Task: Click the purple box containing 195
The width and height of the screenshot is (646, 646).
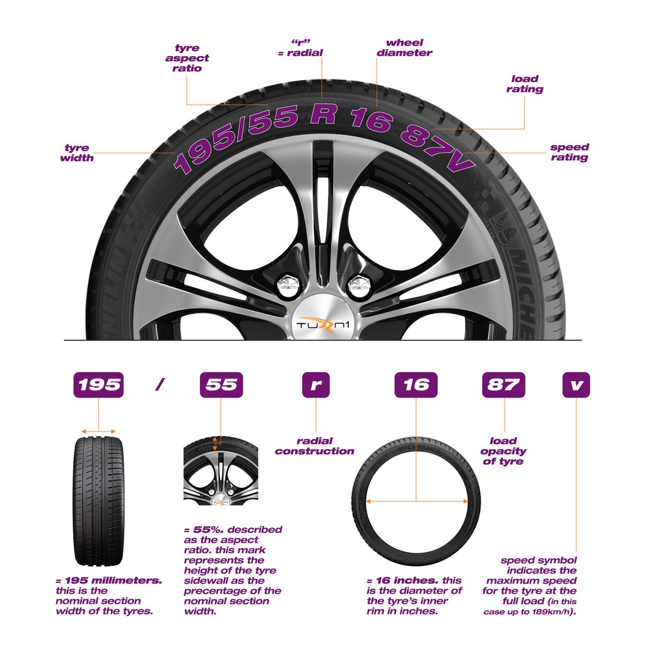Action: coord(98,385)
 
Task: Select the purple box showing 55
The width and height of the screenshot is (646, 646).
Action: coord(221,385)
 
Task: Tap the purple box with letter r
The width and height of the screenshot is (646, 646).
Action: coord(315,385)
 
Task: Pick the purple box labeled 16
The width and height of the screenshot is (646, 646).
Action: coord(416,385)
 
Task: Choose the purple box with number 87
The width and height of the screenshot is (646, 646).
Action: coord(503,385)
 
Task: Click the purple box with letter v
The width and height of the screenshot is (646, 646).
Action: coord(576,385)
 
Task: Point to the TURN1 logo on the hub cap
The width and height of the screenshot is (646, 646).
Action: coord(322,324)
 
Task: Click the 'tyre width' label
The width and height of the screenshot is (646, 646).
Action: coord(77,153)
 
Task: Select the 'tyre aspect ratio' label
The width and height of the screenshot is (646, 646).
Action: coord(187,58)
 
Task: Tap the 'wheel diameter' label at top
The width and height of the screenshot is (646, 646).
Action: coord(404,48)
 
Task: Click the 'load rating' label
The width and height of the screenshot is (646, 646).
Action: coord(524,84)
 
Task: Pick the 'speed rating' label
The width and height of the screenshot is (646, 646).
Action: coord(569,152)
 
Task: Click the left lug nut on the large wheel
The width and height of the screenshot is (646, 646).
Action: coord(289,285)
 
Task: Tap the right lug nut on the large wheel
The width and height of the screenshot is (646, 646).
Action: coord(359,285)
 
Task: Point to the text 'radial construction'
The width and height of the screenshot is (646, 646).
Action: coord(314,446)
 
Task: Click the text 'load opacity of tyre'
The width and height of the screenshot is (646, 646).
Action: coord(503,451)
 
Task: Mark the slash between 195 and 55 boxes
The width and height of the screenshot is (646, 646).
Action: coord(160,385)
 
